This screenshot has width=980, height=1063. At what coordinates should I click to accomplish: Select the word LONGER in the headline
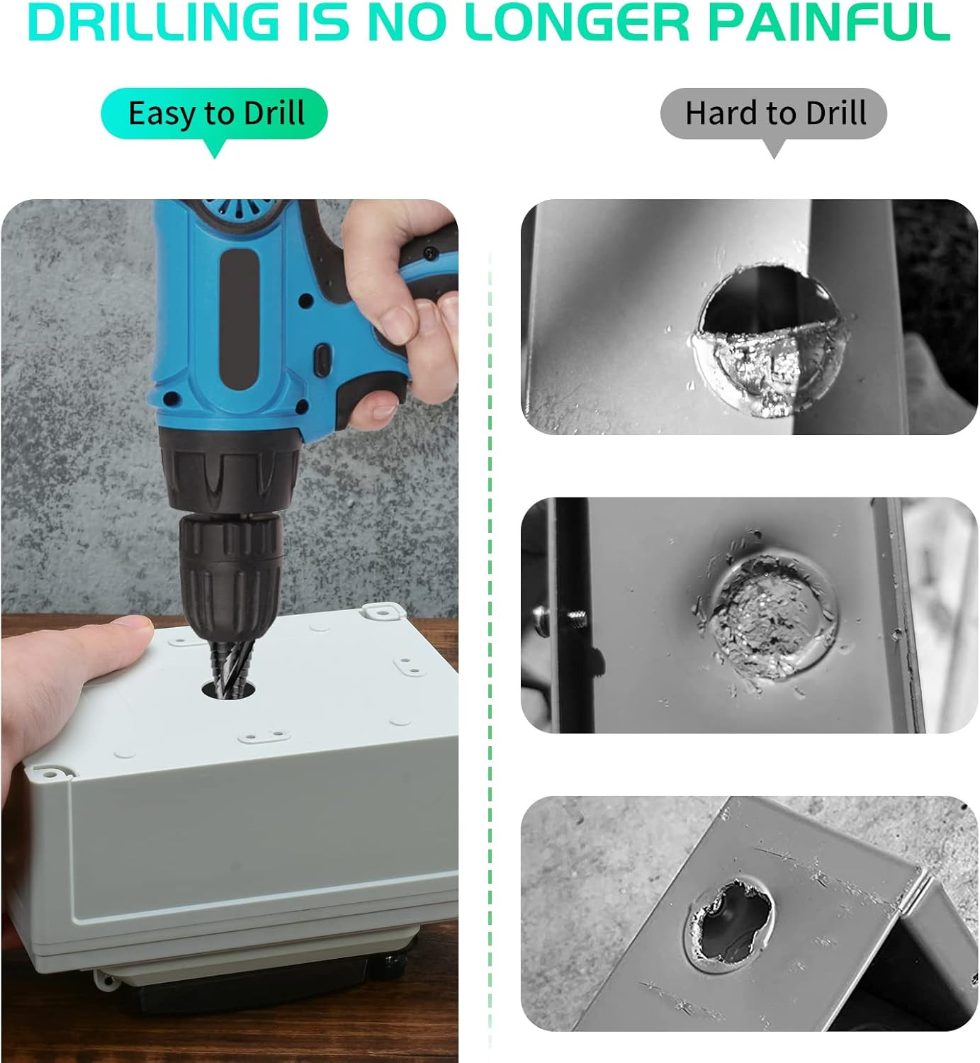[577, 22]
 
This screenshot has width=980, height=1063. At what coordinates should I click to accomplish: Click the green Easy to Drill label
[214, 113]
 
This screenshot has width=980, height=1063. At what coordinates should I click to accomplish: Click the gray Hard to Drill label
[773, 113]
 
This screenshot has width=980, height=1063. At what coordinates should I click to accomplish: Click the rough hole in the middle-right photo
[771, 617]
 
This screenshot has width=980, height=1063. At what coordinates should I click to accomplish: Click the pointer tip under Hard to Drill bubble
[773, 159]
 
